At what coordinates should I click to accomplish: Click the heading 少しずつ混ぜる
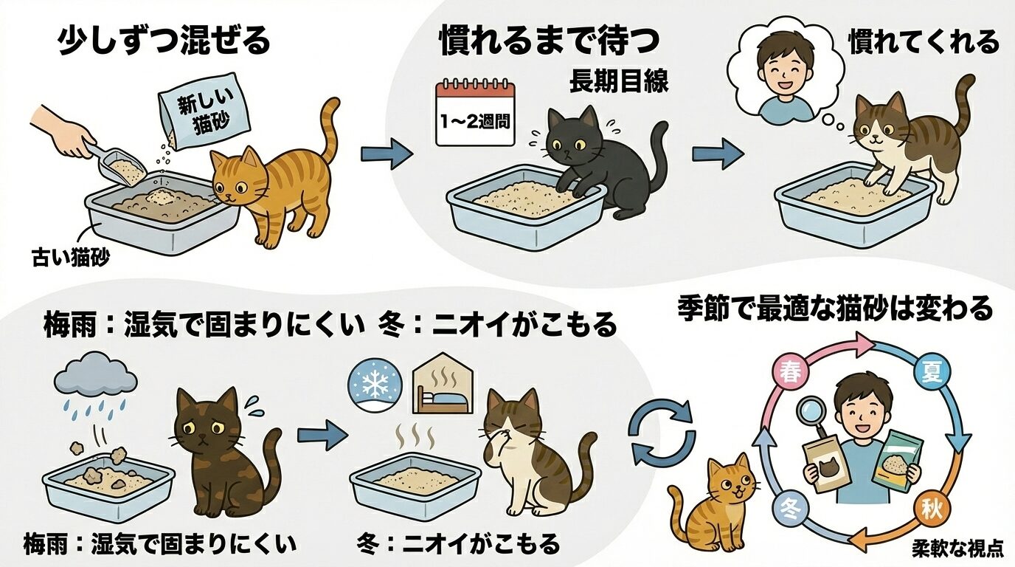[164, 41]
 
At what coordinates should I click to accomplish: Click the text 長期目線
[618, 83]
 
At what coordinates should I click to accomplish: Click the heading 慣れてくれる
[923, 41]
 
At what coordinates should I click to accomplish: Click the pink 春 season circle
[787, 371]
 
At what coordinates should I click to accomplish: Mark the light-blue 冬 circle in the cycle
[788, 508]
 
